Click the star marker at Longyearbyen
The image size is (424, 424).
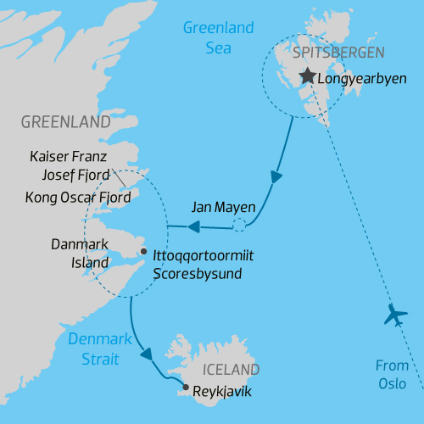pyautogui.click(x=305, y=77)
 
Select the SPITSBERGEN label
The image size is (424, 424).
pyautogui.click(x=338, y=53)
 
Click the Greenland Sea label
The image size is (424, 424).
pyautogui.click(x=218, y=38)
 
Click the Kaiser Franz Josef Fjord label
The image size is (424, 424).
pyautogui.click(x=70, y=166)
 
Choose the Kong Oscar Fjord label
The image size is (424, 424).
pyautogui.click(x=79, y=198)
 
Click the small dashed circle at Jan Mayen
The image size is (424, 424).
pyautogui.click(x=239, y=226)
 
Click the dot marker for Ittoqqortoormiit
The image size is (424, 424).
pyautogui.click(x=143, y=251)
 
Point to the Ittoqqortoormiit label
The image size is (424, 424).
pyautogui.click(x=205, y=255)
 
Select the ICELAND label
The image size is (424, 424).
pyautogui.click(x=231, y=370)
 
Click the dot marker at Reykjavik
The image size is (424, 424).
pyautogui.click(x=185, y=389)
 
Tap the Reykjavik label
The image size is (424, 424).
pyautogui.click(x=222, y=392)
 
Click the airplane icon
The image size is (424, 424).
pyautogui.click(x=396, y=315)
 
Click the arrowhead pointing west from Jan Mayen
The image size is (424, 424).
pyautogui.click(x=193, y=226)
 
